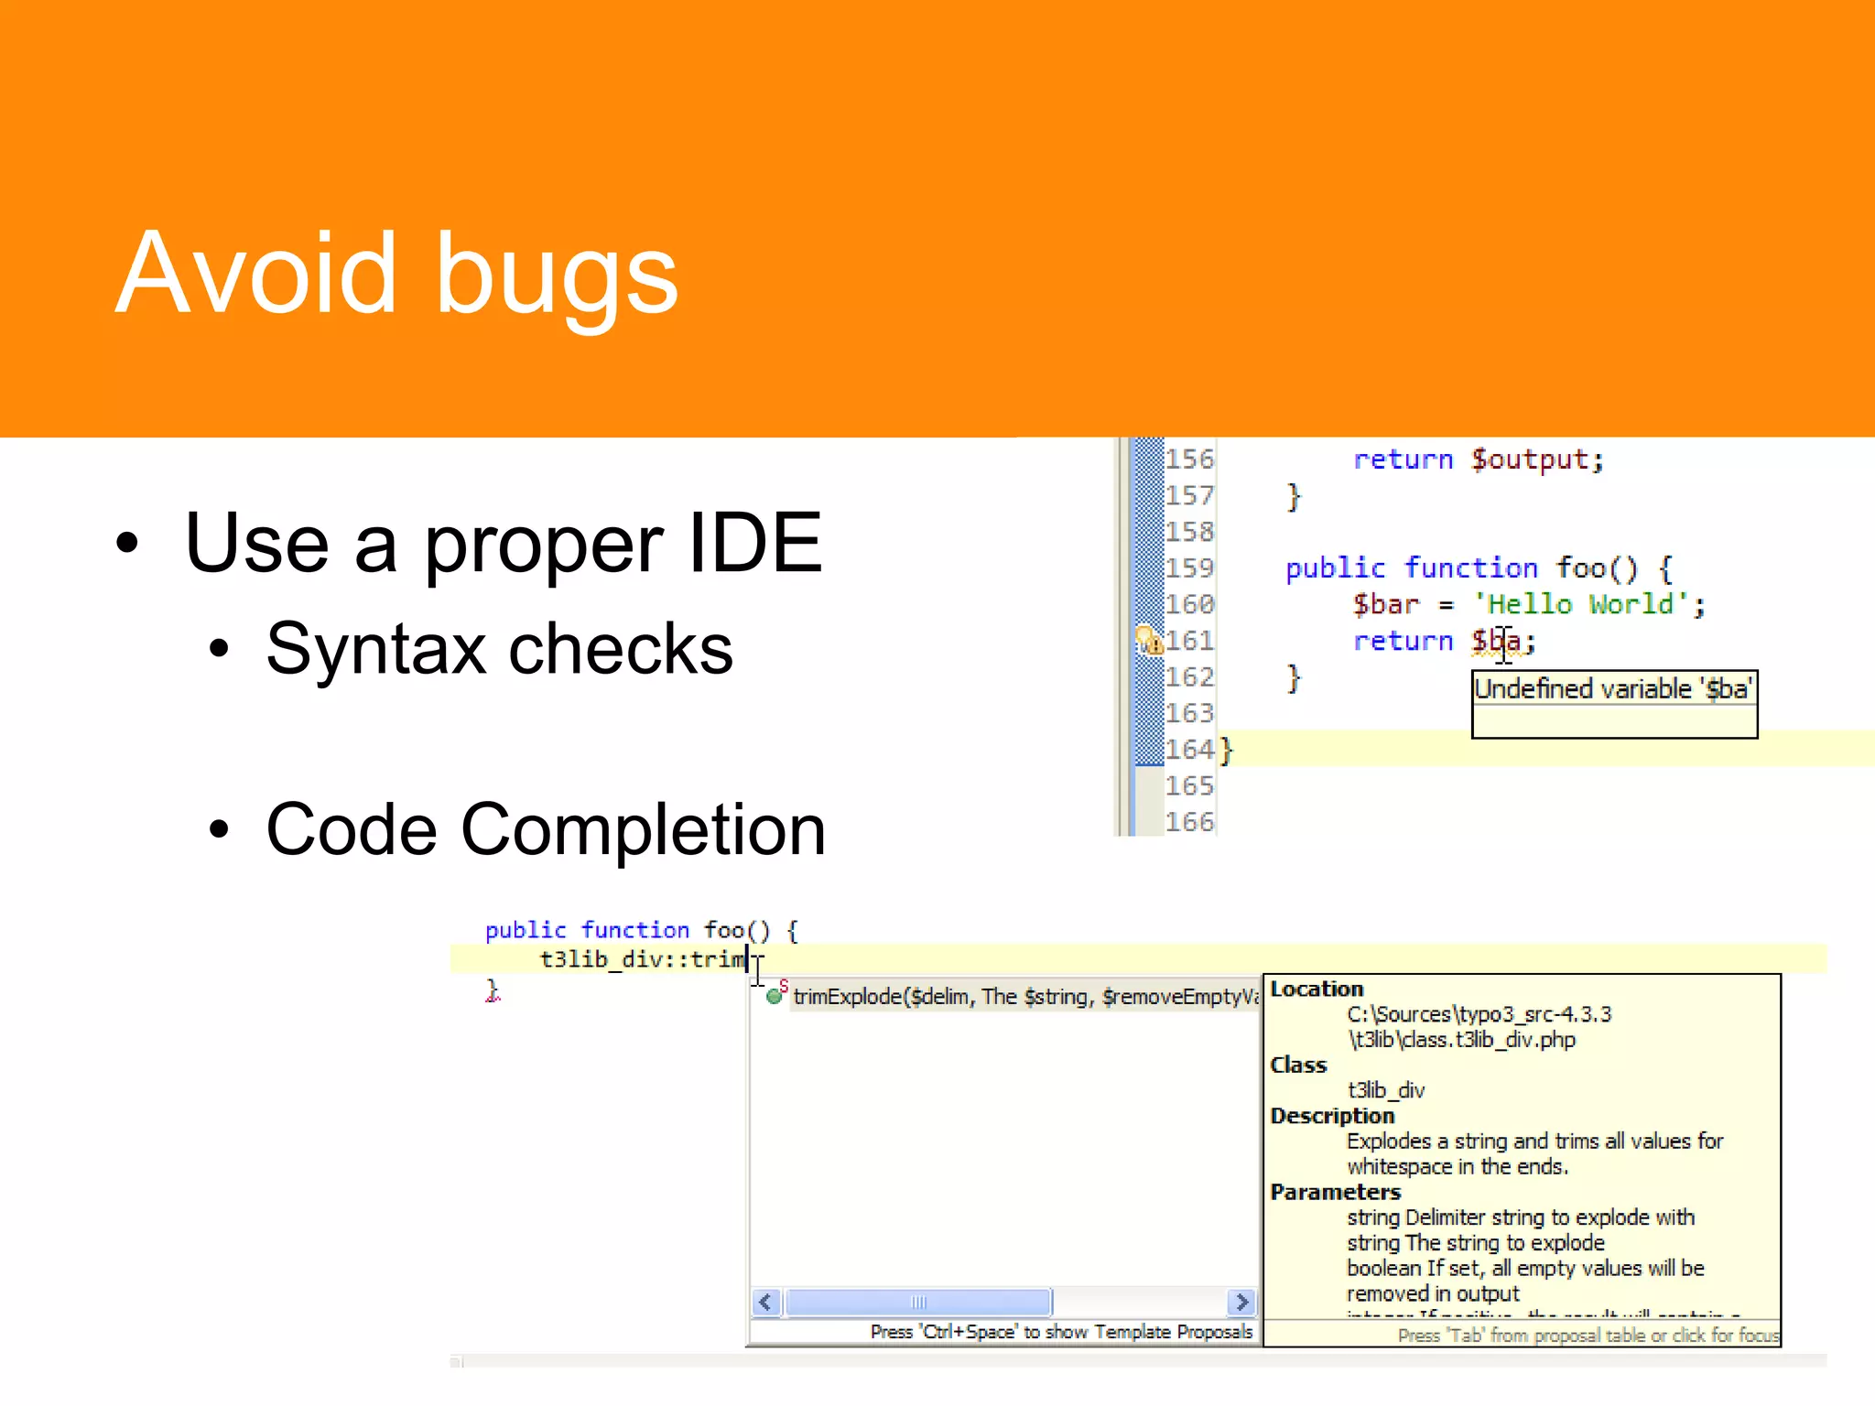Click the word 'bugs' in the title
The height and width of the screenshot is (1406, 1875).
[x=556, y=275]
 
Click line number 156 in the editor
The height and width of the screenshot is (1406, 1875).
[x=1188, y=460]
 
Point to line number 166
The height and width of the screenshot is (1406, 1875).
[x=1188, y=822]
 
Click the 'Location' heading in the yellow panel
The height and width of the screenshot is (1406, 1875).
[x=1317, y=989]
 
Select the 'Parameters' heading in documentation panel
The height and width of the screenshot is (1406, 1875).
[x=1335, y=1192]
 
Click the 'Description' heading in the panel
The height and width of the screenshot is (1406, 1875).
[x=1332, y=1116]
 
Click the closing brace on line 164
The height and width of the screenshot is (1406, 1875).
[x=1227, y=750]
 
